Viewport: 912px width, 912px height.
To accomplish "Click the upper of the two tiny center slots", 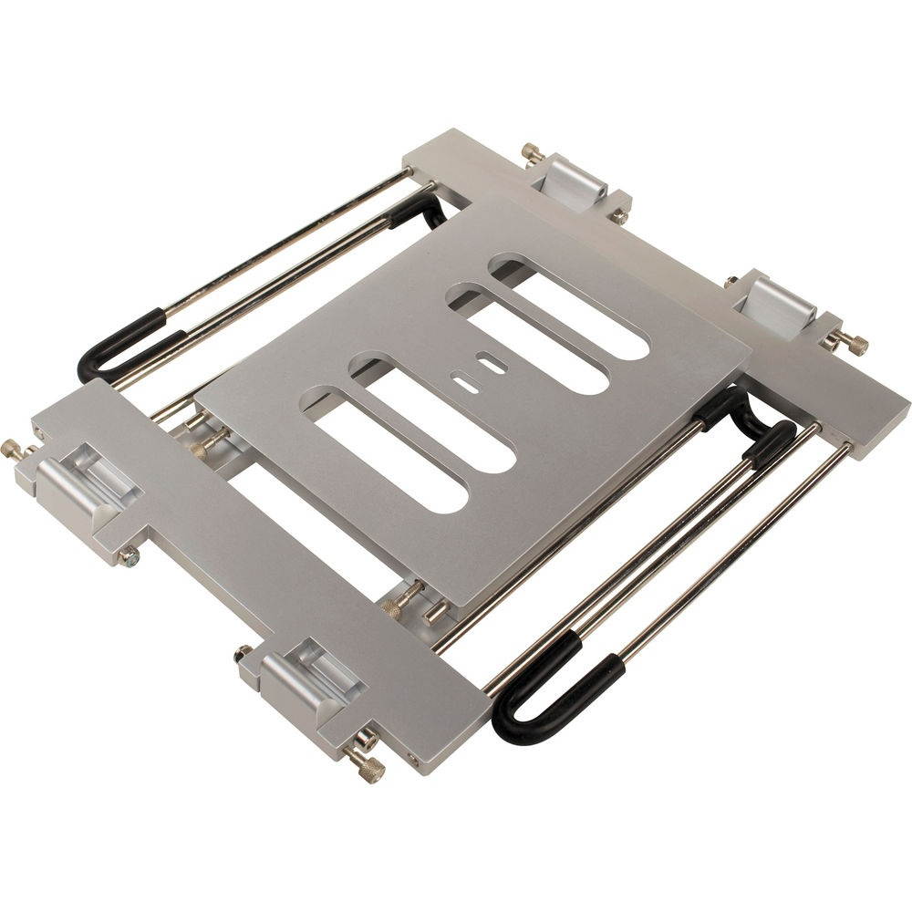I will (493, 366).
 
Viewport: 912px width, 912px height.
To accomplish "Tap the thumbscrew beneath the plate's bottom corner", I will (406, 597).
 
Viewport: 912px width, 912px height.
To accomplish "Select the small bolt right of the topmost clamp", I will (620, 216).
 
